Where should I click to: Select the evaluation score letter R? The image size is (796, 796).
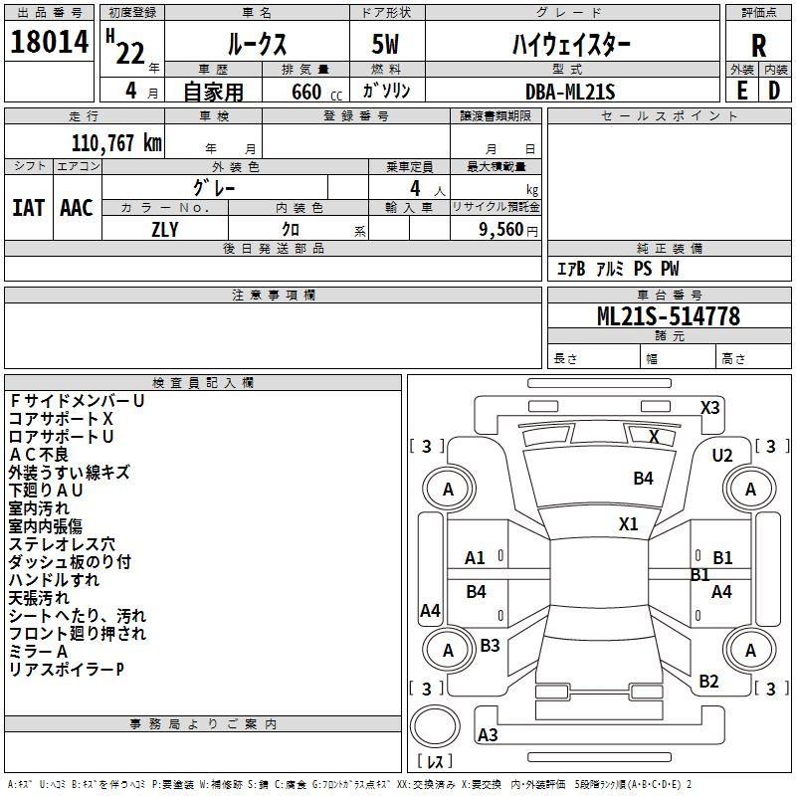point(758,47)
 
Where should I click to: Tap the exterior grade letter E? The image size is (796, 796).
point(741,90)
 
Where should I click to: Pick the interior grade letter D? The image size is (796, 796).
point(774,90)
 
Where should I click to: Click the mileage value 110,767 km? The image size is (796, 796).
point(116,142)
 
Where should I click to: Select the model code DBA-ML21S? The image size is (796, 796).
point(571,92)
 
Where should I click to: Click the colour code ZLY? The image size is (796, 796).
point(164,228)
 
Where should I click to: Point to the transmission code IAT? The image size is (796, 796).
point(28,208)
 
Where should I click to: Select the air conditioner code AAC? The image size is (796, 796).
point(76,208)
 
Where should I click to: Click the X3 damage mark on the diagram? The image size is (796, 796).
point(710,407)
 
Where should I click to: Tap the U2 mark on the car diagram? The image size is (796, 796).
point(721,456)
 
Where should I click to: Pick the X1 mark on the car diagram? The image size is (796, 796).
point(628,524)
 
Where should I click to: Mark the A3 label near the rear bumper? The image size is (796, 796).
point(488,735)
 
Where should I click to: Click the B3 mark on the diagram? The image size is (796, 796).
point(490,646)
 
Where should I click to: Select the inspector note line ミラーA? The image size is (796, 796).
point(39,652)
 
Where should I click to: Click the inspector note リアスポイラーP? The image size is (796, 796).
point(67,670)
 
